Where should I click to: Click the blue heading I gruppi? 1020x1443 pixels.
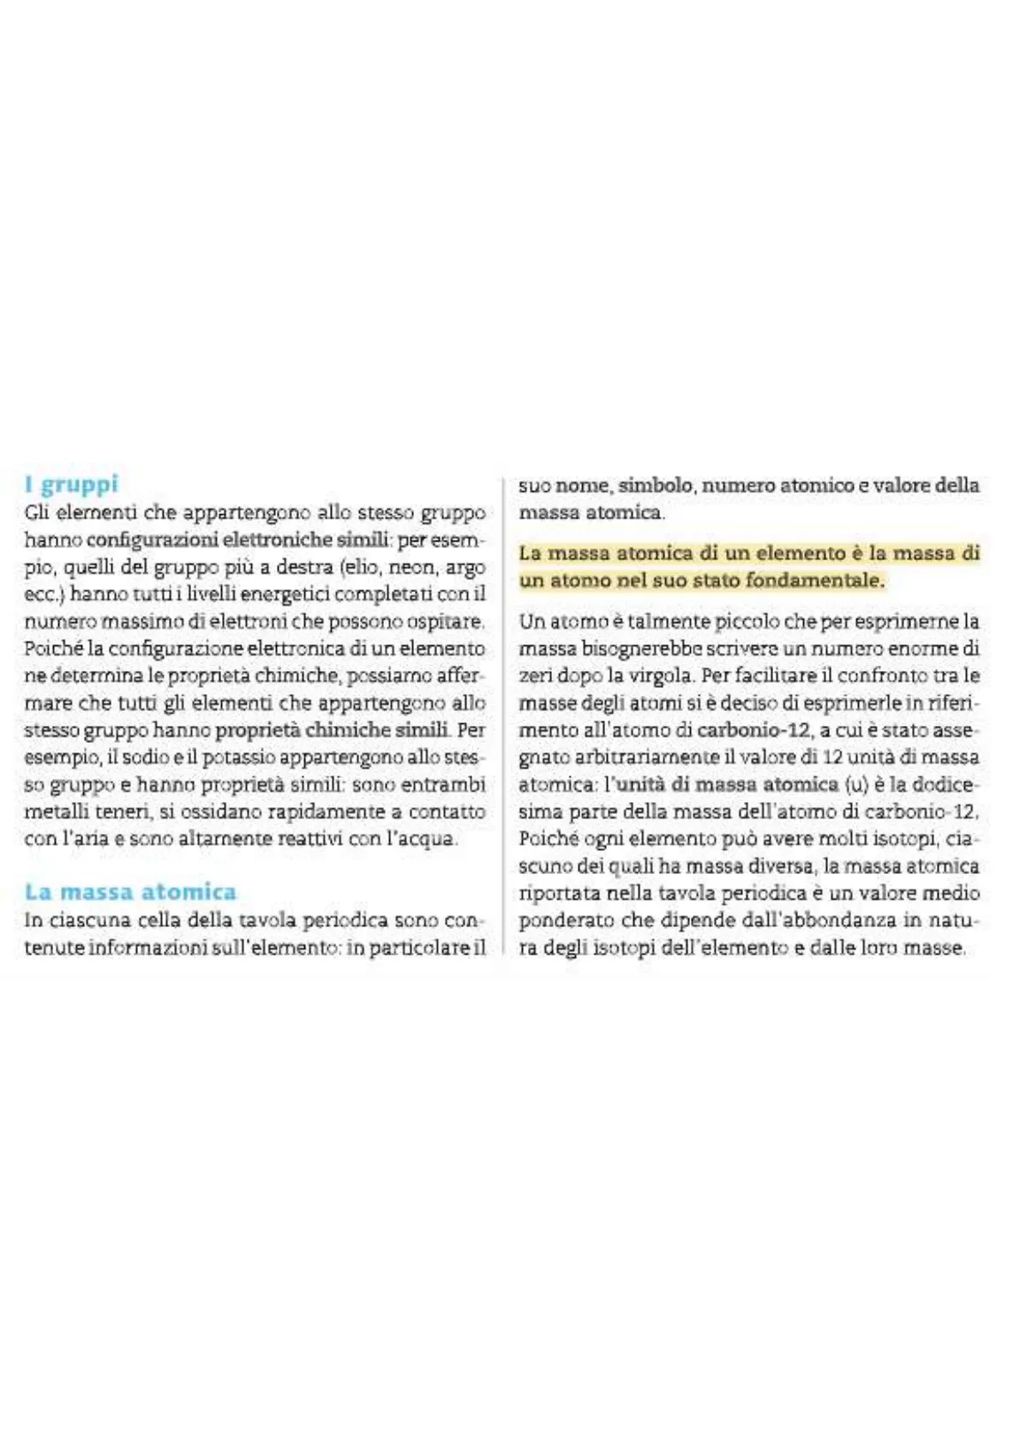[71, 484]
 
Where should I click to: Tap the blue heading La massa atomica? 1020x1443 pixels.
[130, 892]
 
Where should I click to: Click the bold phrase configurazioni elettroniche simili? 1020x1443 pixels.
[237, 540]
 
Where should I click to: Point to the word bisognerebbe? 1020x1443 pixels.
[633, 649]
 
